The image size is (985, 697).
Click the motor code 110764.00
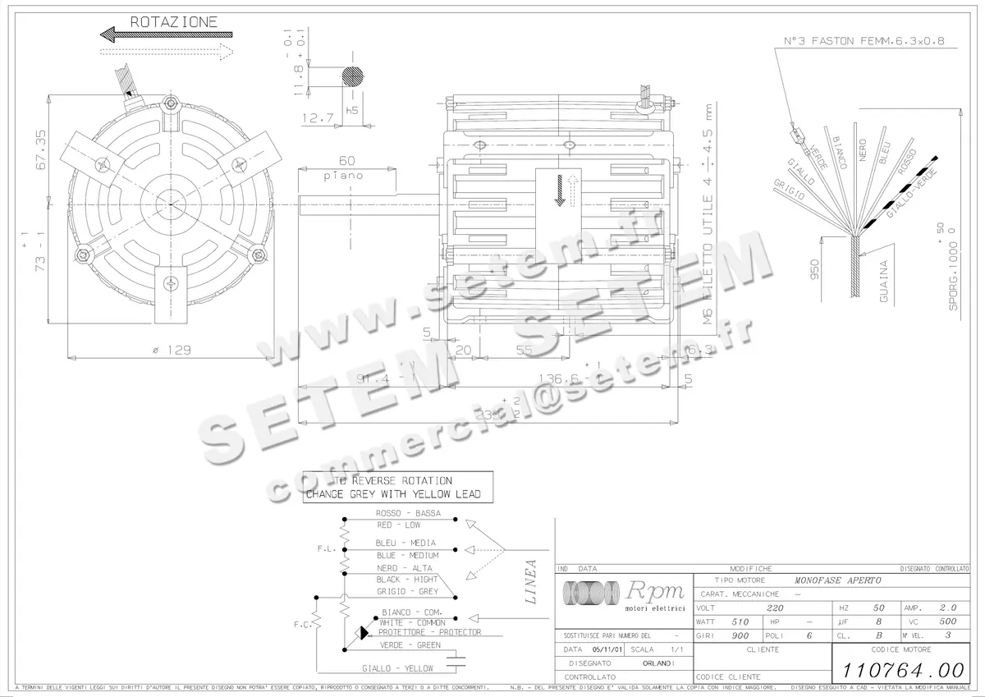click(x=899, y=668)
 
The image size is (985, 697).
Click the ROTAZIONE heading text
click(x=174, y=22)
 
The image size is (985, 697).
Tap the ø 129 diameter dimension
click(x=172, y=351)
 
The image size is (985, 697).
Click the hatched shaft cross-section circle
click(x=355, y=76)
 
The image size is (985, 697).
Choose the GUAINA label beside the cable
click(x=884, y=282)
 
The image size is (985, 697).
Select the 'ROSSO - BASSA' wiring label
click(x=408, y=513)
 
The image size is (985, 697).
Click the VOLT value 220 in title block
click(x=774, y=608)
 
